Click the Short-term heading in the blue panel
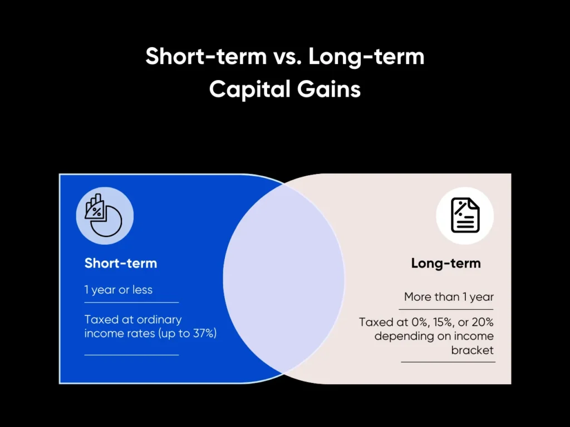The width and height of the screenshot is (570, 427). tap(121, 263)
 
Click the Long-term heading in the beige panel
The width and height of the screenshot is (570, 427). tap(446, 263)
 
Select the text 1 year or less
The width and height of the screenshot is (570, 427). tap(119, 290)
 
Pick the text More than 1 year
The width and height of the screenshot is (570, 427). tap(449, 297)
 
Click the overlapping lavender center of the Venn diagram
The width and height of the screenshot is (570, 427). tap(284, 278)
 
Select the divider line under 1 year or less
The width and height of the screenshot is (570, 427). tap(131, 302)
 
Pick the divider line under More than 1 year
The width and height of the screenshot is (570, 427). tap(446, 309)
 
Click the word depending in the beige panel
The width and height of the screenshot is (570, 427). tap(402, 336)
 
